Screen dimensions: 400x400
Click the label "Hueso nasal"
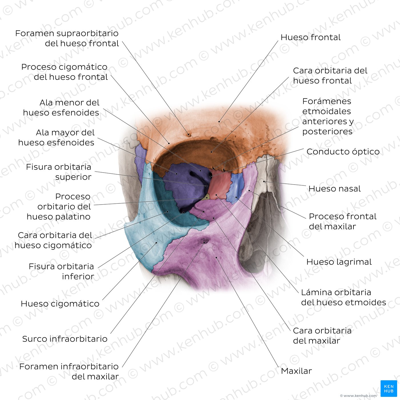coord(334,189)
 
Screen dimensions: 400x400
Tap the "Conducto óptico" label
coord(343,152)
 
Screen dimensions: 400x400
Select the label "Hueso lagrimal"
coord(339,262)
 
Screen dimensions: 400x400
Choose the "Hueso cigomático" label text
coord(60,304)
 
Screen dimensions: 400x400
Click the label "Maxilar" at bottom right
coord(296,371)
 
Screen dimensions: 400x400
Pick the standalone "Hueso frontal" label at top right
coord(311,37)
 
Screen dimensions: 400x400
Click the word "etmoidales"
coord(327,111)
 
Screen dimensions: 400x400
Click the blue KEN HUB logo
coord(389,388)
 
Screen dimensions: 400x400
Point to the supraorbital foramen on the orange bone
coord(189,135)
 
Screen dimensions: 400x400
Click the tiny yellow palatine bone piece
coord(206,197)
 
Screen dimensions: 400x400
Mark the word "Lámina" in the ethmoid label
coord(313,292)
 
